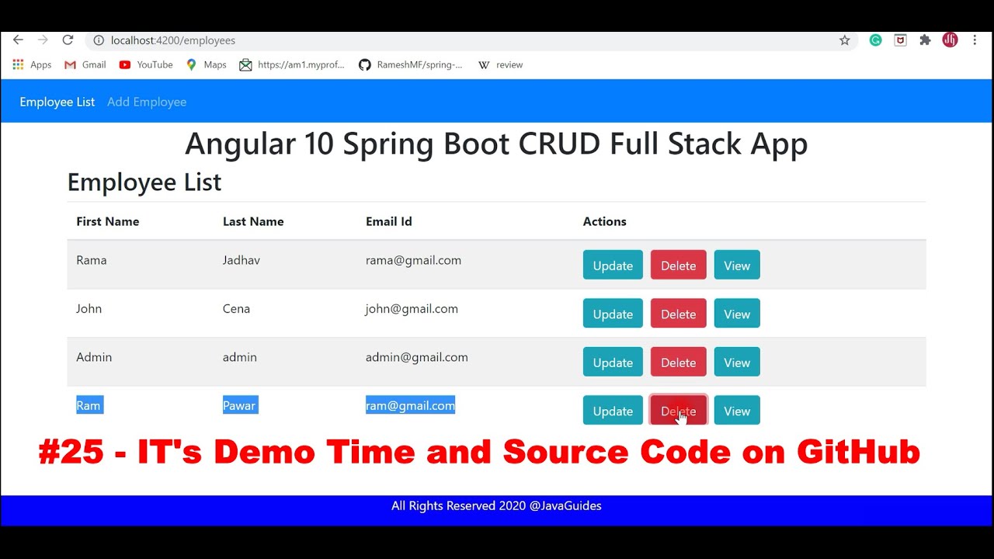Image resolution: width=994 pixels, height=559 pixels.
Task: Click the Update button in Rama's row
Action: [x=613, y=266]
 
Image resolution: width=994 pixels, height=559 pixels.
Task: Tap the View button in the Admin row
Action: [x=737, y=363]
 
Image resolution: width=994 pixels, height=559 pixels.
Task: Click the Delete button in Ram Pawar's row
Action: [x=678, y=411]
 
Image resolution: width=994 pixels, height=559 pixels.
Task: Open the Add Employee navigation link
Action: [x=147, y=102]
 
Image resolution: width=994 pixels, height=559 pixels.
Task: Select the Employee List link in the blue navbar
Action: [x=57, y=102]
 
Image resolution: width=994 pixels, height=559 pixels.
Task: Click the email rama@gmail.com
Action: [x=413, y=260]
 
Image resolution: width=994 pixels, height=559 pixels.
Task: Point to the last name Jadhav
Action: [x=242, y=260]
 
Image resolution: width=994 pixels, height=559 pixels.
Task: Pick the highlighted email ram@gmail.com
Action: [x=410, y=405]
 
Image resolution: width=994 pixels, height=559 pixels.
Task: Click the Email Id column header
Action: [x=389, y=221]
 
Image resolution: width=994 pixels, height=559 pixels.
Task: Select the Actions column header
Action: [x=604, y=221]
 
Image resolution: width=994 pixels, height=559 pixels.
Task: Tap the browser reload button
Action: [x=68, y=40]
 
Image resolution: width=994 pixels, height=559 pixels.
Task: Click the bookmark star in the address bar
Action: [x=845, y=40]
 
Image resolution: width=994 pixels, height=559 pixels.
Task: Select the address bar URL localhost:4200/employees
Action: [x=173, y=40]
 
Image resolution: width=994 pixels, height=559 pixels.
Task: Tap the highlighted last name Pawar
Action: [x=240, y=405]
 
